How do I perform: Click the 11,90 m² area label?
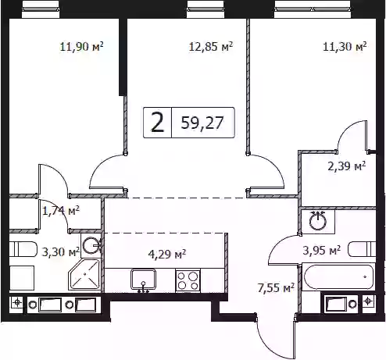coord(81,47)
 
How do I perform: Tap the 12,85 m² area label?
coord(211,47)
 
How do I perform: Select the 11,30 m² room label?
coord(345,47)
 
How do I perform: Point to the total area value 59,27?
coord(202,123)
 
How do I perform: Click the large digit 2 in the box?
coord(158,123)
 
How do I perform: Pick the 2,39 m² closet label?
coord(347,166)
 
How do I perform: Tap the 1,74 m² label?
coord(61,211)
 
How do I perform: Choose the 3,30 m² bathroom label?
coord(61,251)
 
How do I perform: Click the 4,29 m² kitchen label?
coord(167,254)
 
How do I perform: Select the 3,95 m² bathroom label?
coord(322,251)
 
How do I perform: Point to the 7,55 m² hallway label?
coord(276,288)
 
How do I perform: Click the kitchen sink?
coord(143,280)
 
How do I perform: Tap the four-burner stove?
coord(188,280)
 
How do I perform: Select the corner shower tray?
coord(84,275)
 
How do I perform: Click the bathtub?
coord(338,277)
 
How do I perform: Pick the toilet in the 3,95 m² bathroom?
coord(362,249)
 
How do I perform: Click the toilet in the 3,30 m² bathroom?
coord(23,249)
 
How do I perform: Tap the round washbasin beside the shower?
coord(91,245)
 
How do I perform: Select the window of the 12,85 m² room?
coord(206,9)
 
